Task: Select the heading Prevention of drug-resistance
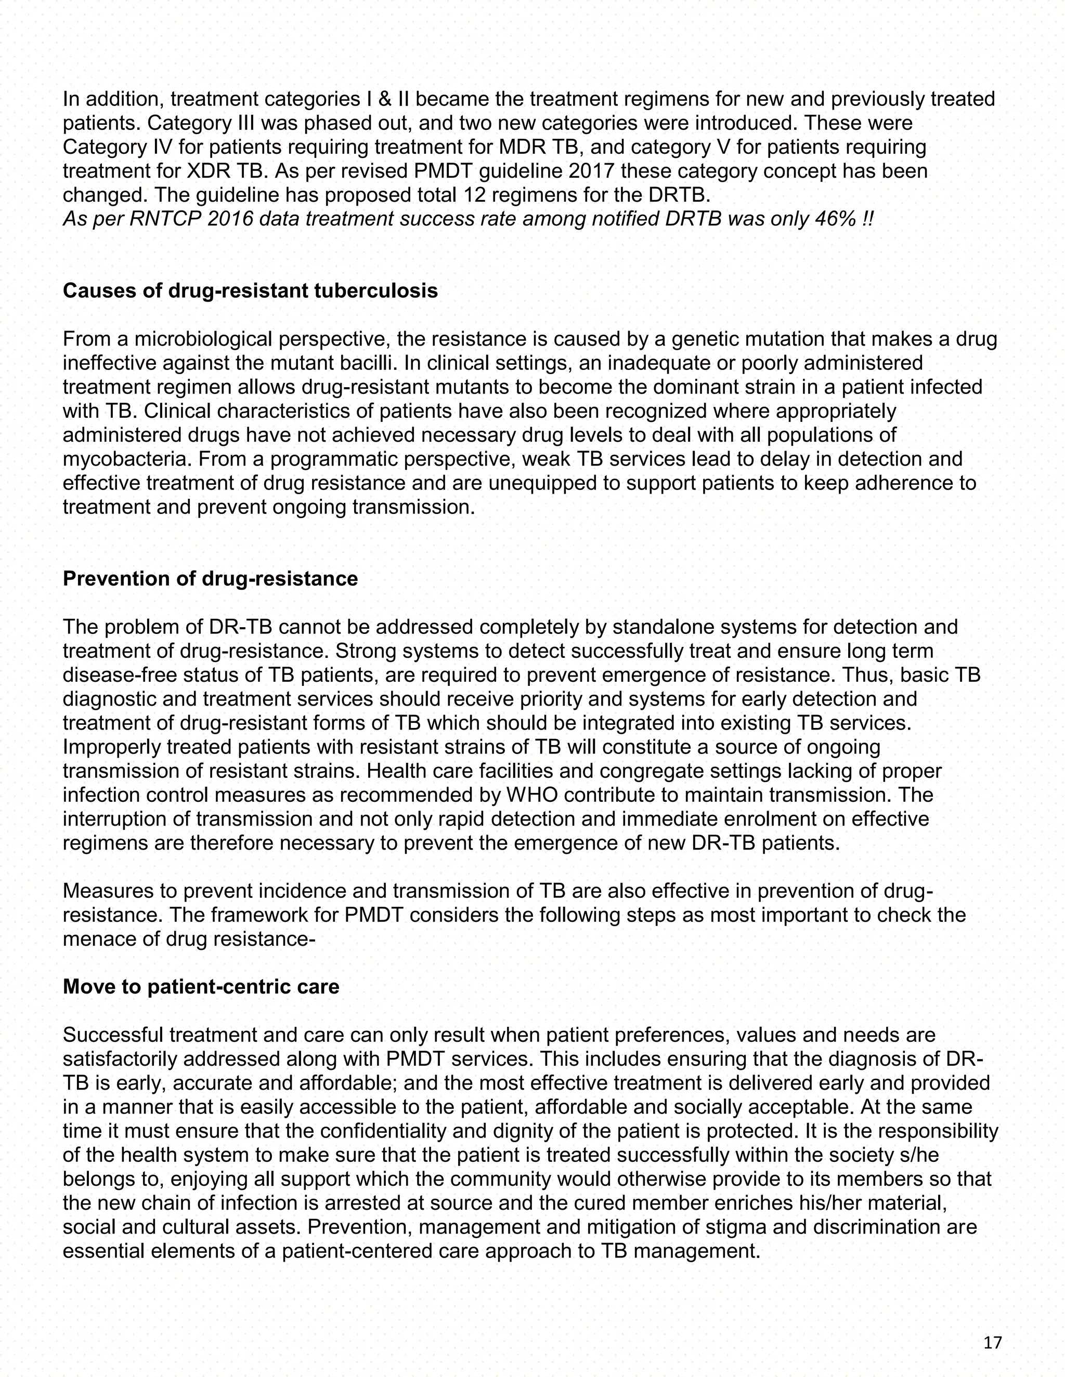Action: point(210,579)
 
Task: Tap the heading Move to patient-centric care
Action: point(201,987)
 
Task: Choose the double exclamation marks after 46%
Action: point(867,219)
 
